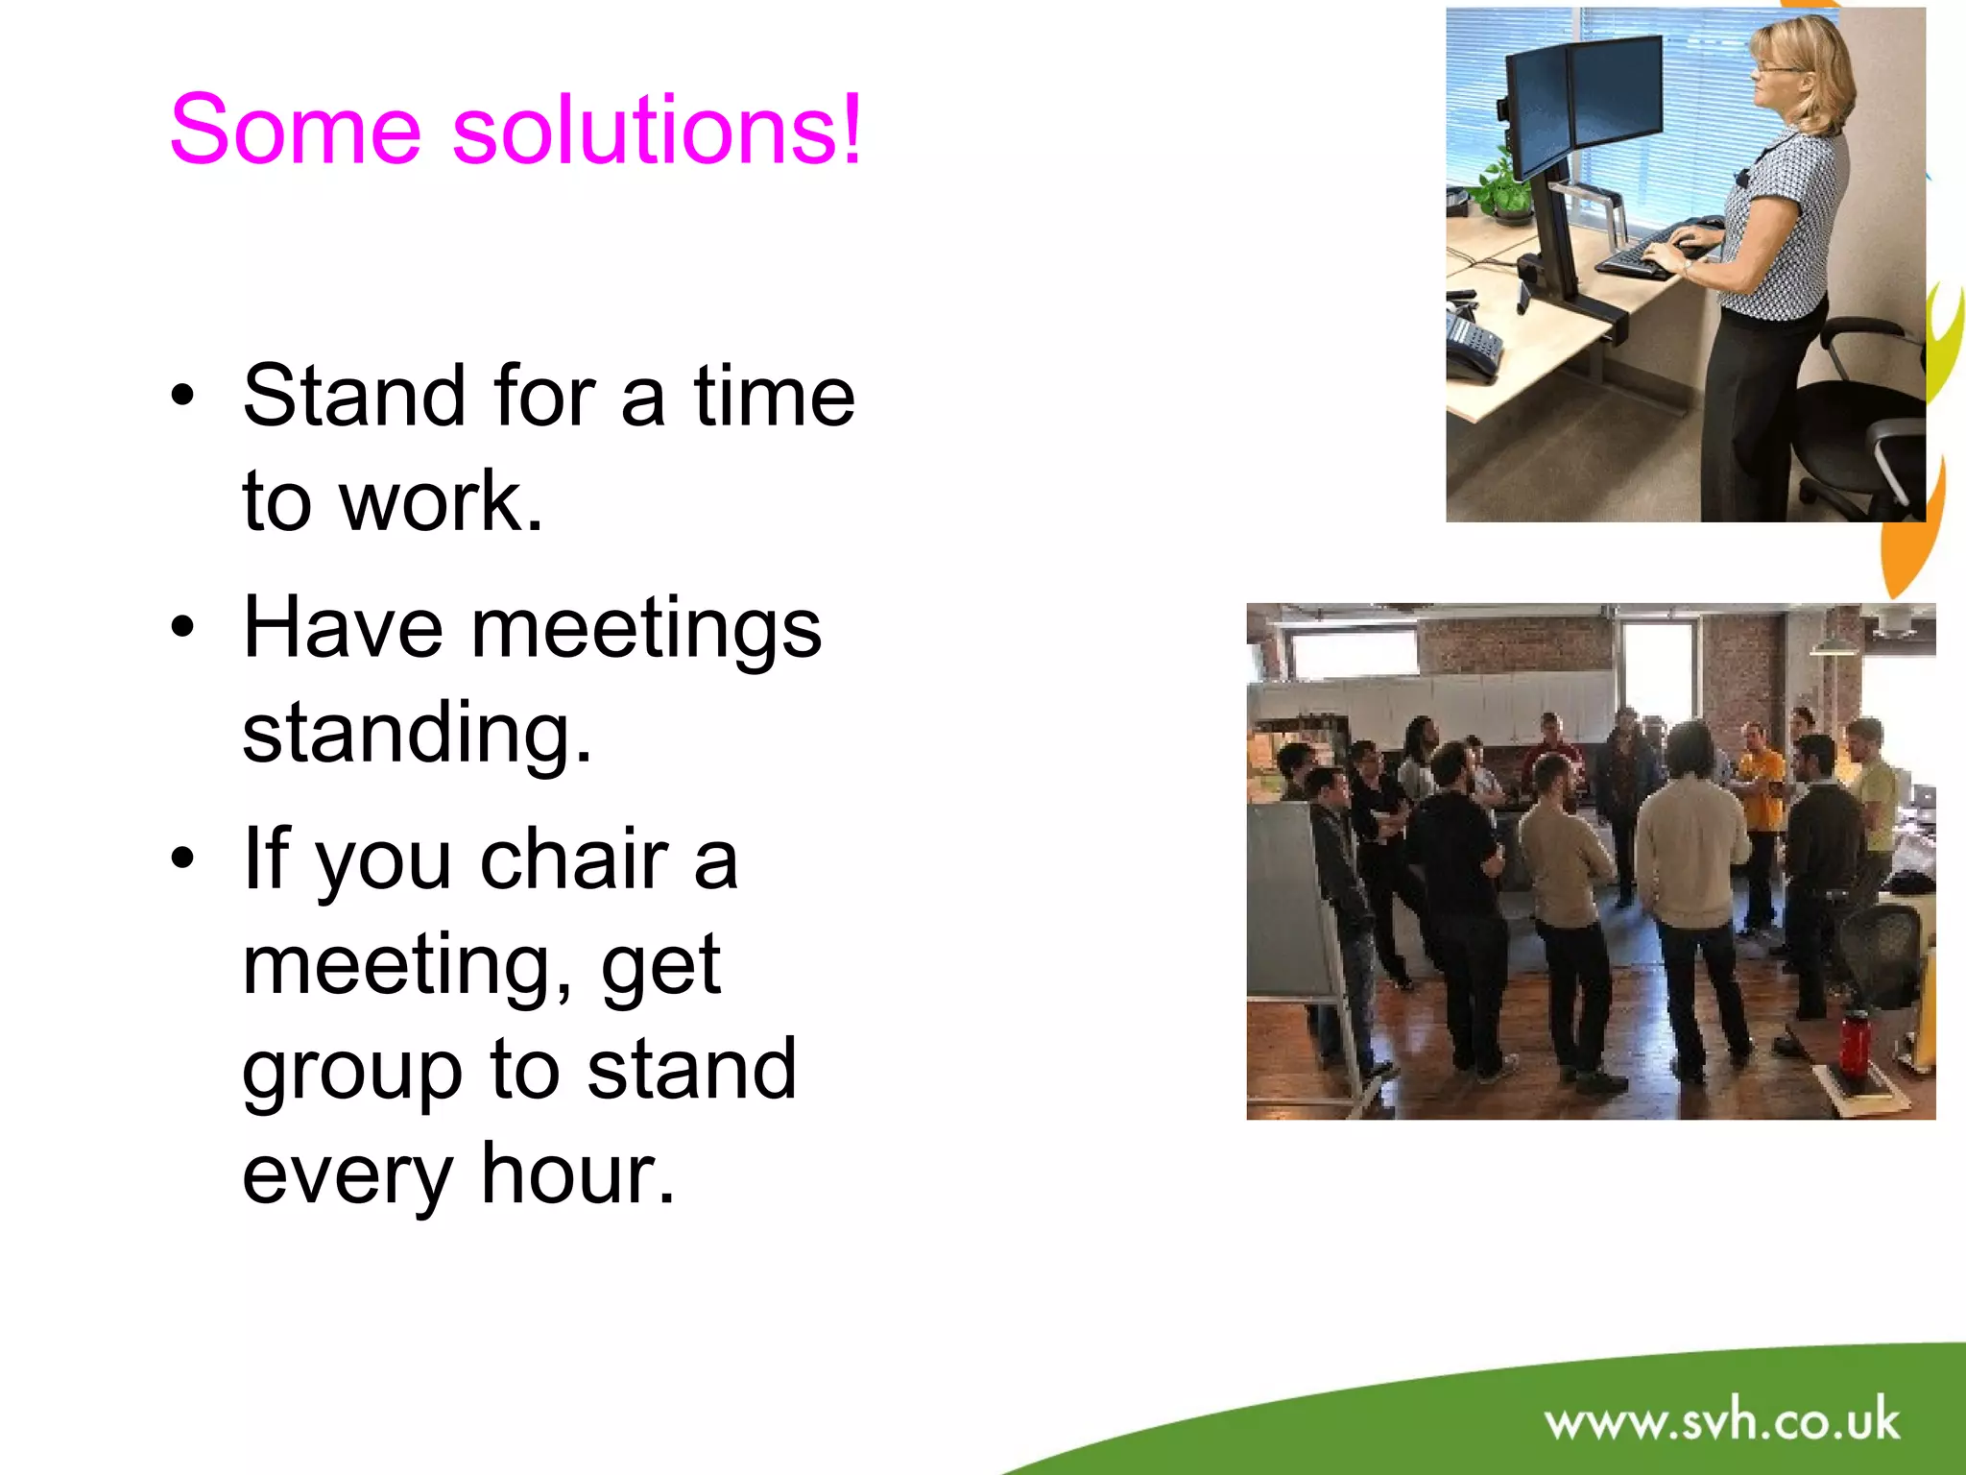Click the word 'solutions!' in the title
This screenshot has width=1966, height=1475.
(x=657, y=130)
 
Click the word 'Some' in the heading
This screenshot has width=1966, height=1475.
(x=295, y=130)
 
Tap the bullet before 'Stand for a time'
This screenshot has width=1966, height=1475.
(x=182, y=396)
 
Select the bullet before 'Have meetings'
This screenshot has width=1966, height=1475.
(x=182, y=627)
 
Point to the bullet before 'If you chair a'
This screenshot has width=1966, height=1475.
(x=182, y=858)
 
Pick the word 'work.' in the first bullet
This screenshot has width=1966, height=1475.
(x=442, y=501)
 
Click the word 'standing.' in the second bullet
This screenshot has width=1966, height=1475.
(x=417, y=734)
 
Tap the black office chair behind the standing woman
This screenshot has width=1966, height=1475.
(x=1862, y=423)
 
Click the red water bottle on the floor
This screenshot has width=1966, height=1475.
(x=1854, y=1042)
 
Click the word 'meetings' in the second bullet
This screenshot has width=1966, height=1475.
(x=646, y=629)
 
